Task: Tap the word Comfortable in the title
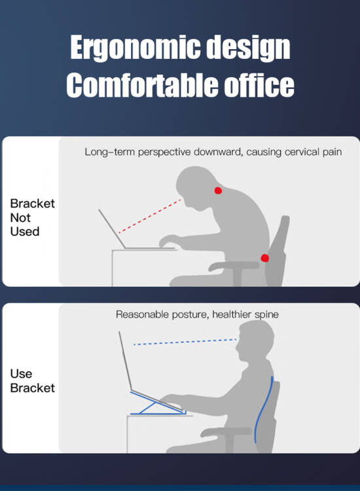142,84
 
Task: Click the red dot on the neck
218,190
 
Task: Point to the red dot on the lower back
265,258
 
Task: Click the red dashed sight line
150,216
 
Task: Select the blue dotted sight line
185,342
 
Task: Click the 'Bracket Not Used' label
32,217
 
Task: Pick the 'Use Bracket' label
32,381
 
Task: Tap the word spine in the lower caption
266,315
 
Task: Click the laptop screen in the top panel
112,228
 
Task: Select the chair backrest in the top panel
277,251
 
